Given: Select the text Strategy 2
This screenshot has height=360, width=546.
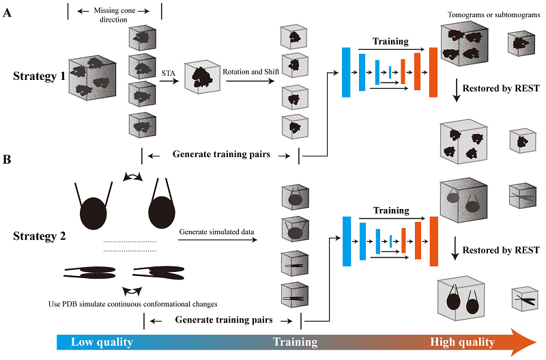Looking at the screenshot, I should pos(39,237).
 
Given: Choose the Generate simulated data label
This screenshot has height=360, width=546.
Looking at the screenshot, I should pos(216,232).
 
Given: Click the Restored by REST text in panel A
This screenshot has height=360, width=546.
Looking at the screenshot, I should pos(501,87).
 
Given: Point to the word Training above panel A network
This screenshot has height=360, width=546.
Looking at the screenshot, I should pos(391,42).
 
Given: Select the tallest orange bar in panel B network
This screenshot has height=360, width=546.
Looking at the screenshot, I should pos(433,236).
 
